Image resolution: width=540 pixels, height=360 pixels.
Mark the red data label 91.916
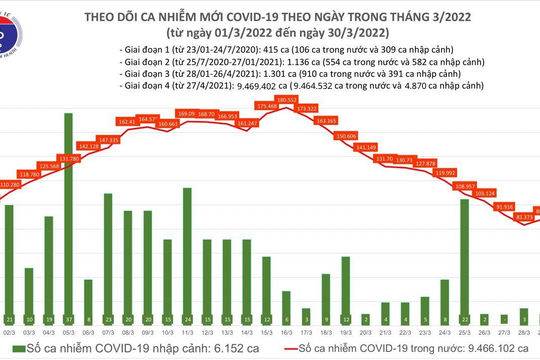click(x=504, y=206)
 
